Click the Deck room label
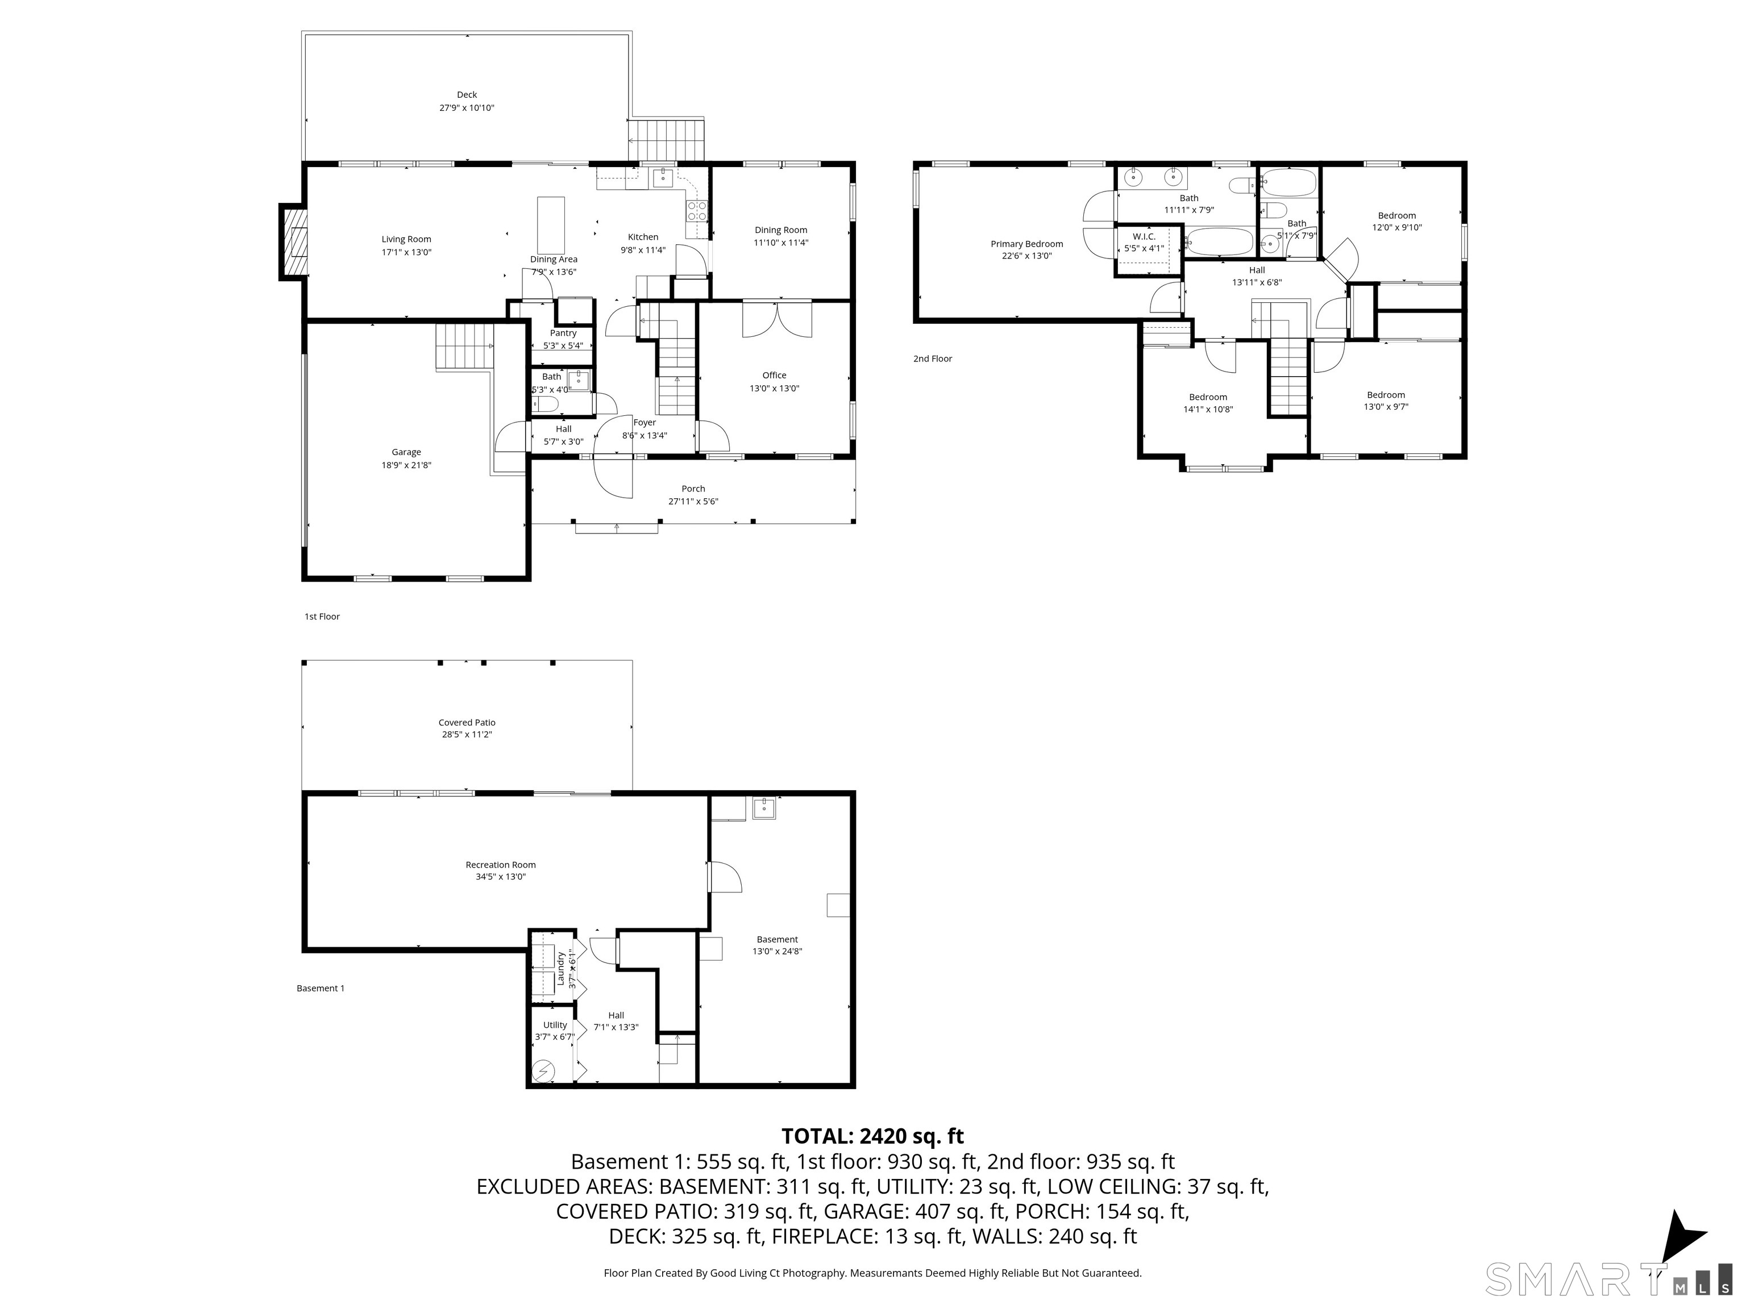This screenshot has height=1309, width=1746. (x=467, y=95)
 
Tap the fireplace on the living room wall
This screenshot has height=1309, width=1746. (x=293, y=242)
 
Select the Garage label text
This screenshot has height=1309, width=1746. (x=406, y=452)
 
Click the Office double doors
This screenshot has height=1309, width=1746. (x=777, y=319)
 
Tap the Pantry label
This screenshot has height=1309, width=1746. (x=564, y=333)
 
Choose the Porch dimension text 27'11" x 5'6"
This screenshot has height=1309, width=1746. (x=693, y=501)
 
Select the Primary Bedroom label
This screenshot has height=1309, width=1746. (x=1027, y=244)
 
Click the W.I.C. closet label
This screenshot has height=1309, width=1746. (x=1144, y=237)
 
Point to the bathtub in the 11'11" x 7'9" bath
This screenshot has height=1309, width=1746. (x=1220, y=241)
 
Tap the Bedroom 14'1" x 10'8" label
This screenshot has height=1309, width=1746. (x=1208, y=403)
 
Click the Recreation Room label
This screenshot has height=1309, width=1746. (x=500, y=865)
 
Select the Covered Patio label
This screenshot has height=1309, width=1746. (x=467, y=722)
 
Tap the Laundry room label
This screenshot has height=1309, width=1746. (x=560, y=968)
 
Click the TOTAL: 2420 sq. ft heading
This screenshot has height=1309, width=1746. (x=872, y=1136)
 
